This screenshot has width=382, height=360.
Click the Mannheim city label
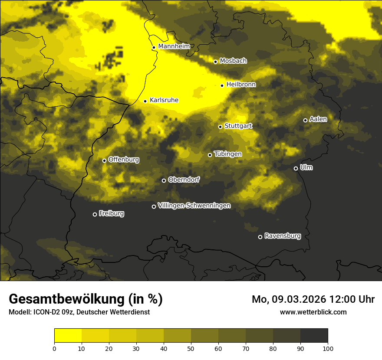pyautogui.click(x=174, y=46)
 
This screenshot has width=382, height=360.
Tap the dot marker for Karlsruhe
pyautogui.click(x=145, y=101)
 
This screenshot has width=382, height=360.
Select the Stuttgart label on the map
pyautogui.click(x=238, y=126)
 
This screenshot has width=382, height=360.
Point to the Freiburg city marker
pyautogui.click(x=95, y=214)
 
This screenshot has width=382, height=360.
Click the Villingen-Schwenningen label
pyautogui.click(x=194, y=206)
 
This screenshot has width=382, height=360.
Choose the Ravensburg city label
pyautogui.click(x=283, y=236)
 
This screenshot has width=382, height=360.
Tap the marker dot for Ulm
pyautogui.click(x=296, y=168)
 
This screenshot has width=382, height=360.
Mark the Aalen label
pyautogui.click(x=318, y=119)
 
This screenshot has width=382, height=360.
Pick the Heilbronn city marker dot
pyautogui.click(x=222, y=85)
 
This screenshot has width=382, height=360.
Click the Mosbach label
pyautogui.click(x=233, y=61)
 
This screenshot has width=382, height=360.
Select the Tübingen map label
pyautogui.click(x=228, y=154)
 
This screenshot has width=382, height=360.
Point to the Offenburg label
pyautogui.click(x=124, y=160)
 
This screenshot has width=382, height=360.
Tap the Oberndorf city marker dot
pyautogui.click(x=164, y=180)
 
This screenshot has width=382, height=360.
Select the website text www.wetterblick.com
pyautogui.click(x=313, y=312)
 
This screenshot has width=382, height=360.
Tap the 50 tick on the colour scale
pyautogui.click(x=191, y=348)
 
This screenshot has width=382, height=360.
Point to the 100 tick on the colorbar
pyautogui.click(x=328, y=348)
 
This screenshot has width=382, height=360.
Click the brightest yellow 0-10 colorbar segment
pyautogui.click(x=68, y=336)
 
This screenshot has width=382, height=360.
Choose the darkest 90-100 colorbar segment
pyautogui.click(x=314, y=336)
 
